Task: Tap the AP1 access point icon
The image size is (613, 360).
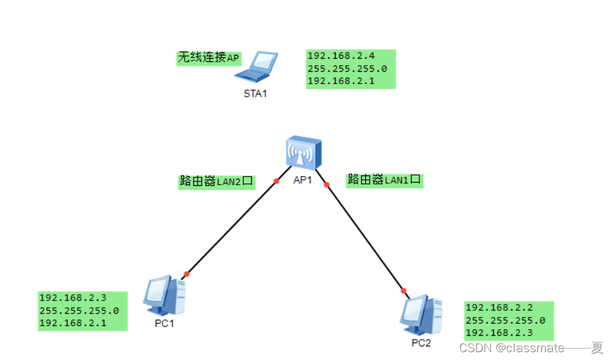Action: point(303,154)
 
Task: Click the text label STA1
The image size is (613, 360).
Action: point(255,94)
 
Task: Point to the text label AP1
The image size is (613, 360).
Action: point(303,181)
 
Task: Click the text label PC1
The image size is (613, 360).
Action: point(164,324)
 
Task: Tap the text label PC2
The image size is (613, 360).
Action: point(421,342)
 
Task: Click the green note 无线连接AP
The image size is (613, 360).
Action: point(209,58)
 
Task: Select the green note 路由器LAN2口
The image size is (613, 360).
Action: point(217,181)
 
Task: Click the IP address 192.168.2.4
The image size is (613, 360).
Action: point(341,56)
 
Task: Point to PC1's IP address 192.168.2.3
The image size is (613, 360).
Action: point(72,299)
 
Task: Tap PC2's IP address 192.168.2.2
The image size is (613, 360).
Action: point(499,308)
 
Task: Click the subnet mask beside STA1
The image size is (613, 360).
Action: point(347,68)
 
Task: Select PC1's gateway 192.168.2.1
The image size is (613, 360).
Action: point(72,323)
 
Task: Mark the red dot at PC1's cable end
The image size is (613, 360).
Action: point(187,274)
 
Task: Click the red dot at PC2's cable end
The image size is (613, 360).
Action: point(404,290)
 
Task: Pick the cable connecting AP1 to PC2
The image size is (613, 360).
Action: point(365,237)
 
